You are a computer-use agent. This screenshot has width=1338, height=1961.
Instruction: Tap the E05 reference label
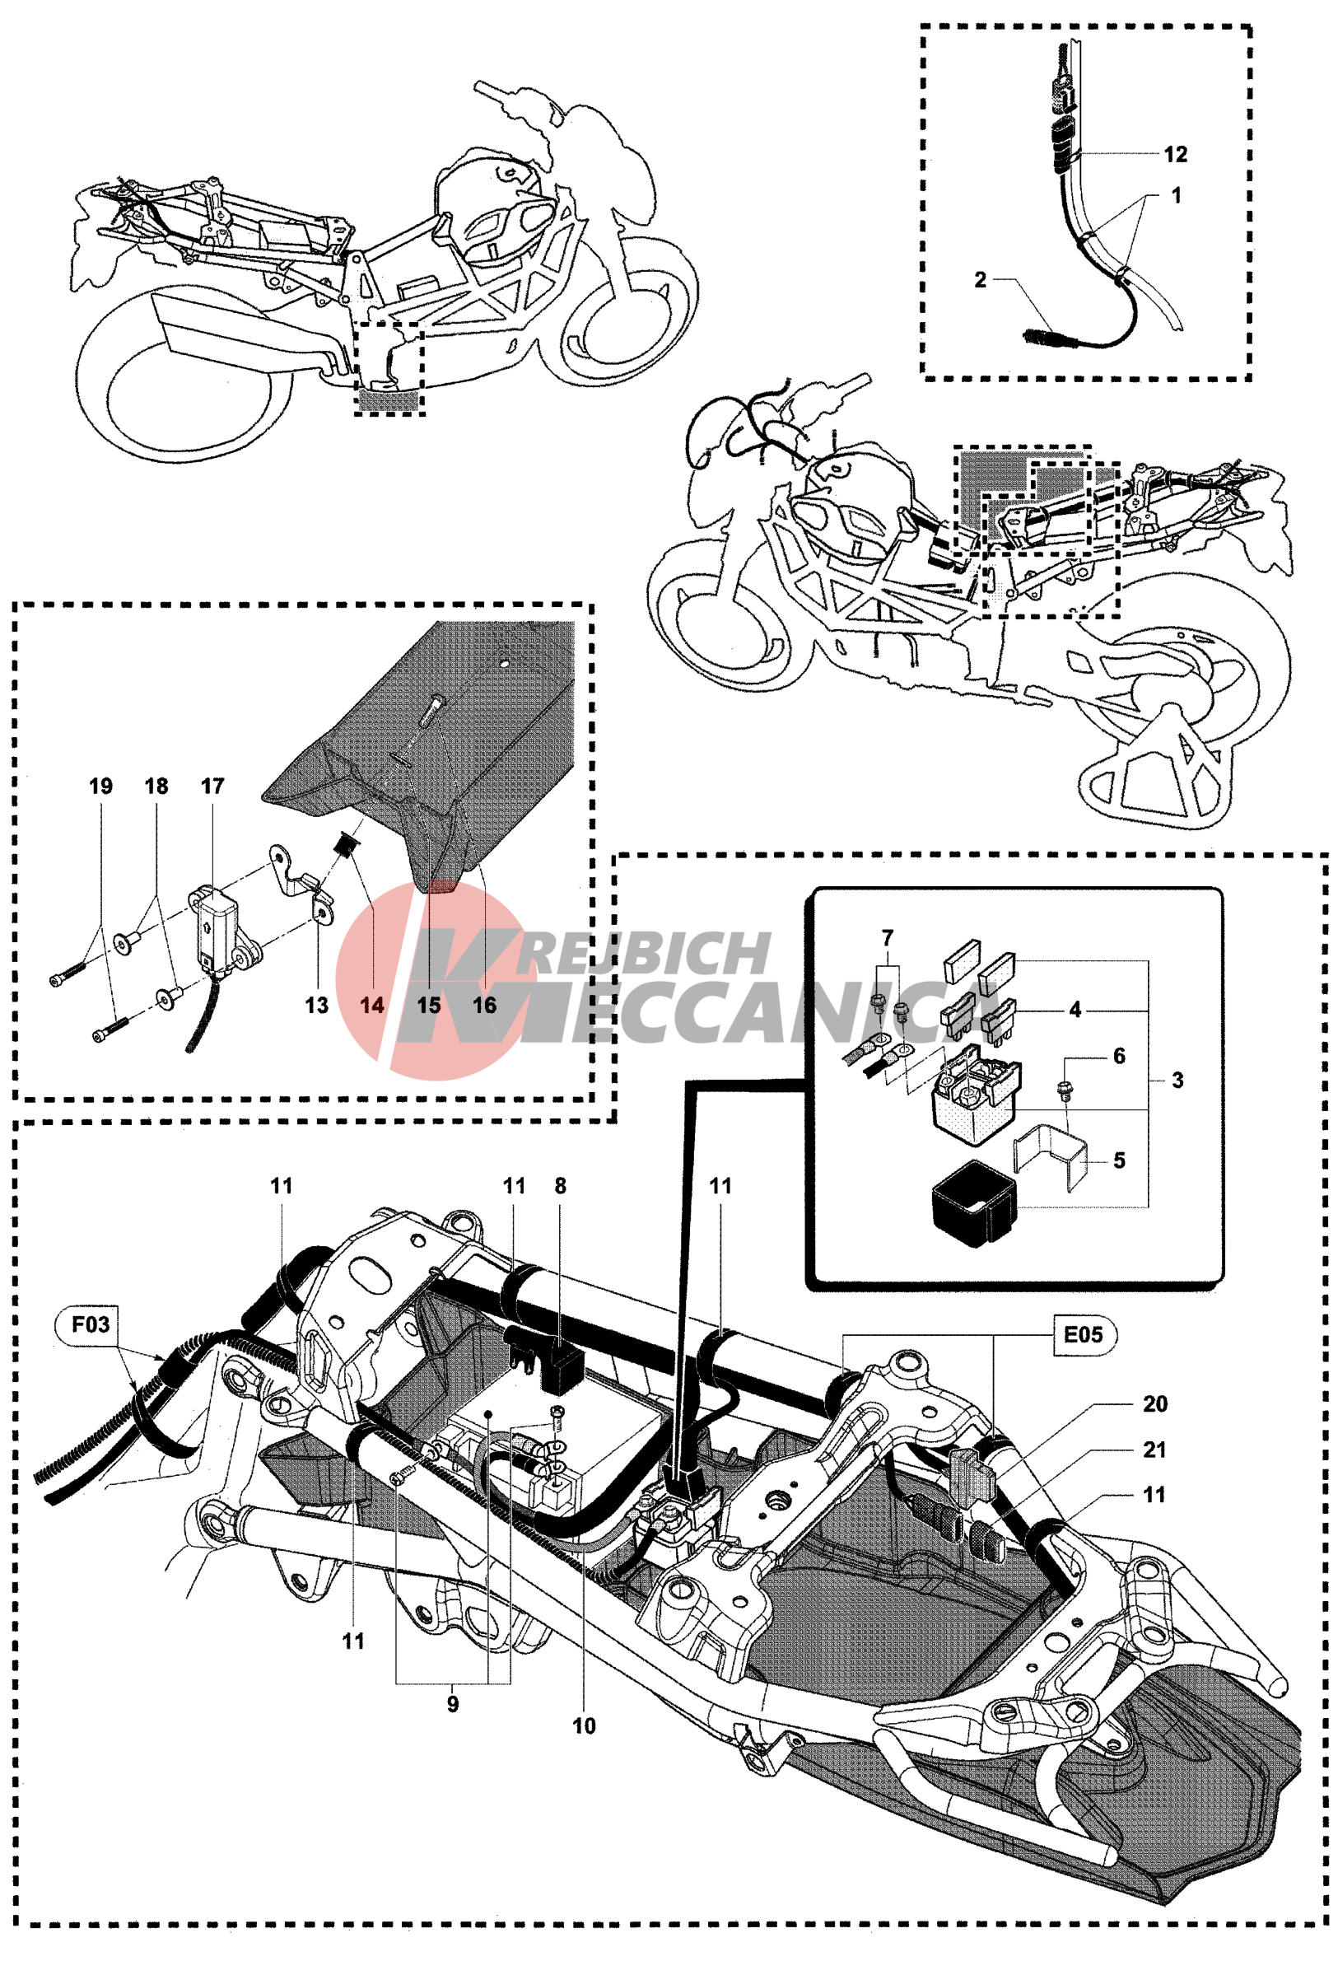pyautogui.click(x=1082, y=1334)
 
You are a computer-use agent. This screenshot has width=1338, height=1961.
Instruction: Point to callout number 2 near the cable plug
pyautogui.click(x=980, y=279)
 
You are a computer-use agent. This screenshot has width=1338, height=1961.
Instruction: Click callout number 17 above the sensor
pyautogui.click(x=212, y=786)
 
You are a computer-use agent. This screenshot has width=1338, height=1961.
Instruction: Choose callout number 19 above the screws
pyautogui.click(x=100, y=786)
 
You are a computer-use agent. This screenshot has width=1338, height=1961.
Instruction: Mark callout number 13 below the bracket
pyautogui.click(x=316, y=1005)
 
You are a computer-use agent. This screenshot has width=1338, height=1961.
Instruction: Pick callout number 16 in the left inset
pyautogui.click(x=484, y=1005)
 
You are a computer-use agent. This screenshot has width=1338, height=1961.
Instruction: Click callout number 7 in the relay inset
pyautogui.click(x=887, y=937)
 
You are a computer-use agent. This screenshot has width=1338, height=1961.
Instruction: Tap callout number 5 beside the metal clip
pyautogui.click(x=1119, y=1160)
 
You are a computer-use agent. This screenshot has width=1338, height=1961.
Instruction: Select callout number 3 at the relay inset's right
pyautogui.click(x=1177, y=1080)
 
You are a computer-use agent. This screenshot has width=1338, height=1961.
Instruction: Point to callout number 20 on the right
pyautogui.click(x=1154, y=1404)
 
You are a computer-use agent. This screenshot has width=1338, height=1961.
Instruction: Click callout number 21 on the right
pyautogui.click(x=1154, y=1450)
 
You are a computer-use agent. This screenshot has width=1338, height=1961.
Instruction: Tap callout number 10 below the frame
pyautogui.click(x=584, y=1726)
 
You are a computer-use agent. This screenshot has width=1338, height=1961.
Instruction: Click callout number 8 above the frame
pyautogui.click(x=560, y=1185)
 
